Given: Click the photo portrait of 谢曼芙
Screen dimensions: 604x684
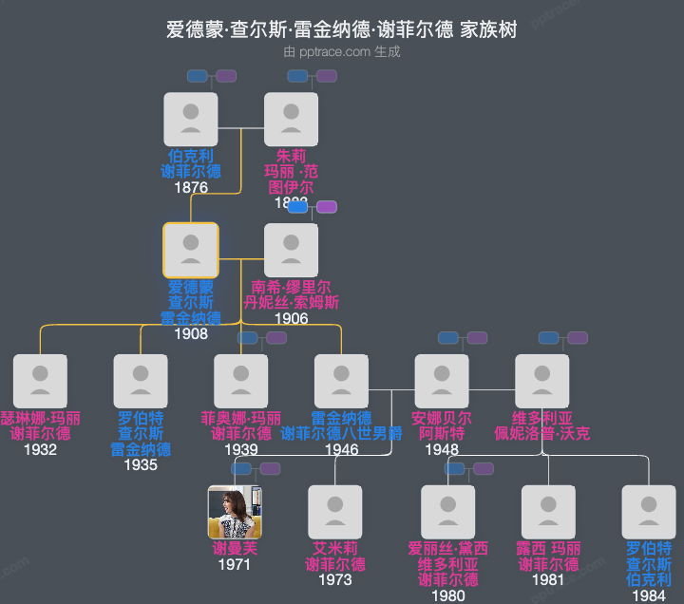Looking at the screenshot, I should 235,513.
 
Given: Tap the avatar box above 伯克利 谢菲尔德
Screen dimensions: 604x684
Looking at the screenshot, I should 191,120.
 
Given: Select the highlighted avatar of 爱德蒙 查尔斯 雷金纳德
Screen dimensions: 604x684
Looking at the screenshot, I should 191,250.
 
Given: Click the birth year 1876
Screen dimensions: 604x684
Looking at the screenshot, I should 191,188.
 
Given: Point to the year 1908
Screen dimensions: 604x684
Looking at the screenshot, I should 191,334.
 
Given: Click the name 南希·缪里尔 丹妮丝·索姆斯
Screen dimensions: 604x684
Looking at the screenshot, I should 291,295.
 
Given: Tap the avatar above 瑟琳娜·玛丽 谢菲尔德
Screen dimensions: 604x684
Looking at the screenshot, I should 40,381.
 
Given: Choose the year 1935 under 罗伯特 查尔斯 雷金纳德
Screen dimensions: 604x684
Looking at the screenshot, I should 141,465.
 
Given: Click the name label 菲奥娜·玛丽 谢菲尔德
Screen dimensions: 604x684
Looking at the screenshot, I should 241,425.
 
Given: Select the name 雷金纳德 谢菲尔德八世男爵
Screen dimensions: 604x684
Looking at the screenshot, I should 342,425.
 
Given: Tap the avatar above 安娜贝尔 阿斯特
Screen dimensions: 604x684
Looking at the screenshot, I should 442,381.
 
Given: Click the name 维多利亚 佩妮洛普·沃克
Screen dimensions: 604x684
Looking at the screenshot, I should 542,425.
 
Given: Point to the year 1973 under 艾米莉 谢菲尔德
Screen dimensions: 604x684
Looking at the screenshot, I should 335,580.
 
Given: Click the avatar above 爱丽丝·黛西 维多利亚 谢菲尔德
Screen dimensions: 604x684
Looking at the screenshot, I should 448,513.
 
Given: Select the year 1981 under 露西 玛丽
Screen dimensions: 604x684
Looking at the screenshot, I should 548,580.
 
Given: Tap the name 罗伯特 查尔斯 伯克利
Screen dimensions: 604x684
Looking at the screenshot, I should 649,564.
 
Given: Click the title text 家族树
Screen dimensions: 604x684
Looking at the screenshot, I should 488,29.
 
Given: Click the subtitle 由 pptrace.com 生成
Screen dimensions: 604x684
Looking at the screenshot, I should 342,52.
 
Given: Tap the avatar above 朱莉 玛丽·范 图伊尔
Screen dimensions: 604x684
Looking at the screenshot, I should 291,120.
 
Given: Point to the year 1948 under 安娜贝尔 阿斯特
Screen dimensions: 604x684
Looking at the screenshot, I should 442,449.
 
